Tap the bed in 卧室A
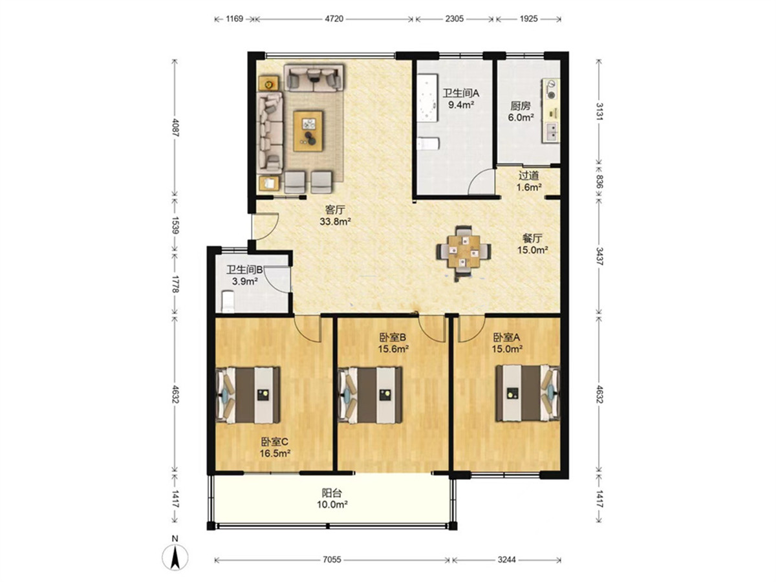tap(528, 393)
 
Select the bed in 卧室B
tap(370, 395)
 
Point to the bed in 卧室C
tap(248, 395)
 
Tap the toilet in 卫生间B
tap(228, 301)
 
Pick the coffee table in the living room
tap(308, 131)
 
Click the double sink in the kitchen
tap(551, 132)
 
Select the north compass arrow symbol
tap(175, 557)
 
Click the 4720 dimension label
tap(334, 18)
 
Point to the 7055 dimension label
tap(332, 559)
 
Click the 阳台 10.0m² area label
tap(332, 499)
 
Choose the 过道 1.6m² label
tap(529, 181)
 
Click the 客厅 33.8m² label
tap(335, 216)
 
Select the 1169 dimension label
tap(234, 18)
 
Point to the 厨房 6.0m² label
tap(521, 111)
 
